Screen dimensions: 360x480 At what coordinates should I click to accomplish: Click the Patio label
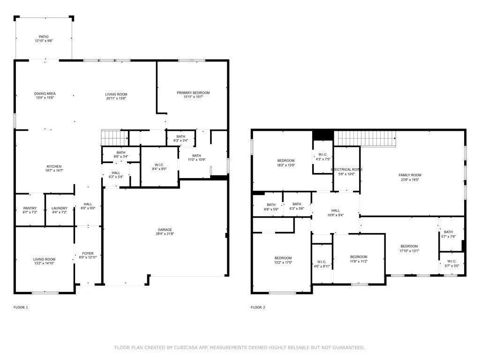coord(44,37)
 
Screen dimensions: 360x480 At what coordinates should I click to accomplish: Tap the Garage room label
coord(165,230)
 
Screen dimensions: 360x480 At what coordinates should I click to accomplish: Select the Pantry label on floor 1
coord(30,208)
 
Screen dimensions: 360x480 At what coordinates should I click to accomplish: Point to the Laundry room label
coord(60,208)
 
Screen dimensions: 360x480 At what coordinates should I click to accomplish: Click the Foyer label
coord(88,253)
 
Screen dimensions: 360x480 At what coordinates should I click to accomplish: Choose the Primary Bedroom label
coord(193,93)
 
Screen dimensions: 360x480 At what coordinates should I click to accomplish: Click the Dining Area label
coord(45,94)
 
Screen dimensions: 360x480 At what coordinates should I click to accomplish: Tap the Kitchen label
coord(54,166)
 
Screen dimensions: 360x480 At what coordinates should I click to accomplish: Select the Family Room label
coord(410,175)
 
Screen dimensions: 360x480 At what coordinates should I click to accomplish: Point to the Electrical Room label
coord(346,169)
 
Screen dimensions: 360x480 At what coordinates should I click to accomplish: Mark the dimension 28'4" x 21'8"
coord(165,234)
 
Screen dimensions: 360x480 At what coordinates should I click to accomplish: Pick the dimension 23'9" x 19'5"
coord(410,179)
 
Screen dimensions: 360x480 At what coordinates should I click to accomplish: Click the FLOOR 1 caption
coord(21,307)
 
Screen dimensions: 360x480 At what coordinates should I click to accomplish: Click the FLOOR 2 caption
coord(258,307)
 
